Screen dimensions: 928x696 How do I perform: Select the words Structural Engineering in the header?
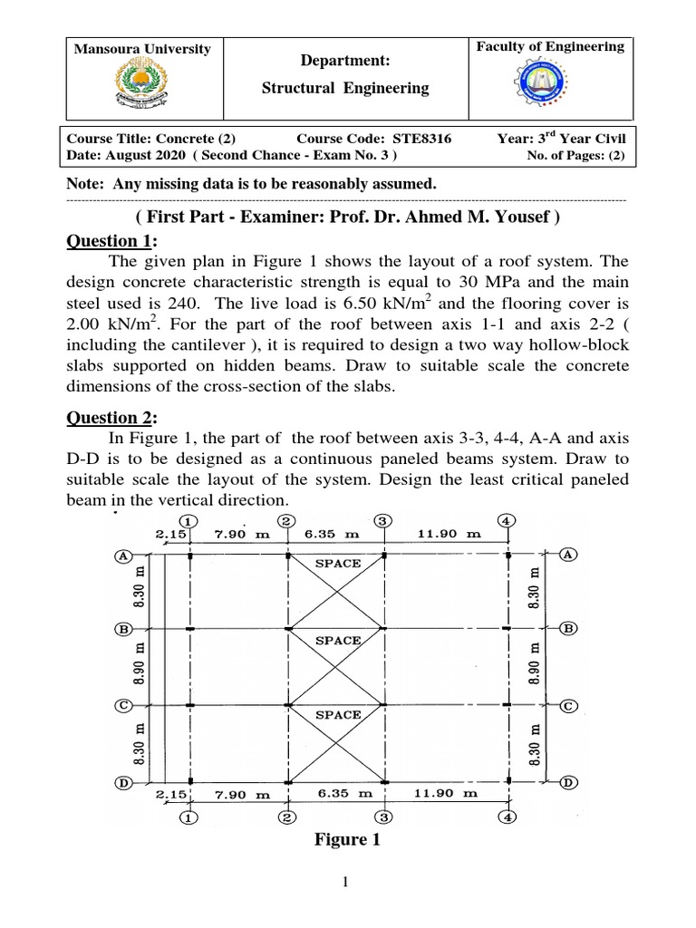tap(344, 88)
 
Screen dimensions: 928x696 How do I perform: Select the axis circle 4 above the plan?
tap(507, 521)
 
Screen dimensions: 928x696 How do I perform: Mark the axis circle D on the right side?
tap(568, 781)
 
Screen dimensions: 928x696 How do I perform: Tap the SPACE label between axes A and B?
tap(337, 563)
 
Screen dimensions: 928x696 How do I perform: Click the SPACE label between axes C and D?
tap(337, 715)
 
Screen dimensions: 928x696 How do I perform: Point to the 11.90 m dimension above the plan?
tap(449, 534)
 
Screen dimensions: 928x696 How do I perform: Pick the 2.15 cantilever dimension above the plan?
tap(169, 534)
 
